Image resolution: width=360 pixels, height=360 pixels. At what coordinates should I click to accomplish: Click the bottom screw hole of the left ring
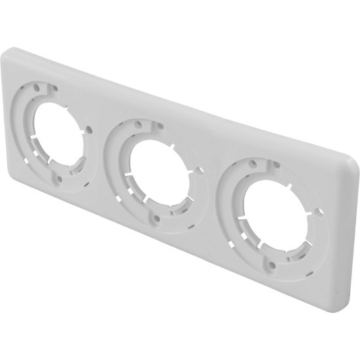(58, 175)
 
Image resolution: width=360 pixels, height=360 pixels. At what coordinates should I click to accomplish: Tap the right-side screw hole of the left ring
(89, 128)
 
